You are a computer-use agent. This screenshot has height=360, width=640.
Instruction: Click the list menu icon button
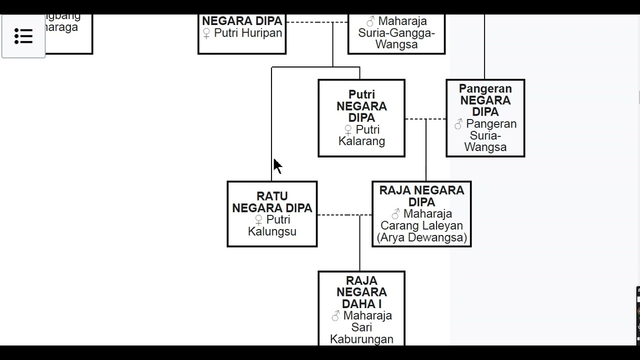tap(23, 36)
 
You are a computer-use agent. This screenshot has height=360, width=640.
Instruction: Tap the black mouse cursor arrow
tap(277, 166)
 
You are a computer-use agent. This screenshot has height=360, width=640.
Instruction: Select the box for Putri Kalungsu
tap(272, 214)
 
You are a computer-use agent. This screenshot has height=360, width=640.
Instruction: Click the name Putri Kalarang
tap(361, 135)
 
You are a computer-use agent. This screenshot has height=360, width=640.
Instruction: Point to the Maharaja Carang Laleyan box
tap(421, 214)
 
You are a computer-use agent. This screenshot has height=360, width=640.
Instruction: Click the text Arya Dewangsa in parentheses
tap(421, 237)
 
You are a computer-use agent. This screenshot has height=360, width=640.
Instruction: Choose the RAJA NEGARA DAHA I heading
tap(361, 292)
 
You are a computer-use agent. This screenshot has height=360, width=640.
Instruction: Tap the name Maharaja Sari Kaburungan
tap(361, 327)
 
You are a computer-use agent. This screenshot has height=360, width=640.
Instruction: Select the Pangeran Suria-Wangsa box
tap(485, 118)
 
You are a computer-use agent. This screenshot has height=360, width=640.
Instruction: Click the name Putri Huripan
tap(248, 33)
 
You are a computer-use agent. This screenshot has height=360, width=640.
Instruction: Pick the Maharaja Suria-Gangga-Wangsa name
tap(396, 33)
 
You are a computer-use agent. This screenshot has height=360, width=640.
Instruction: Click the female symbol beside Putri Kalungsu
tap(258, 220)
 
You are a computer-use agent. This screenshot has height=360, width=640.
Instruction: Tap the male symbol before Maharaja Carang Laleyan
tap(396, 214)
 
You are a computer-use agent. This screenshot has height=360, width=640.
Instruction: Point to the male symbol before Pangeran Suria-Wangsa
tap(458, 124)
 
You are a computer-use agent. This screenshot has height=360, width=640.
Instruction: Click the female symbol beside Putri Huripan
tap(206, 33)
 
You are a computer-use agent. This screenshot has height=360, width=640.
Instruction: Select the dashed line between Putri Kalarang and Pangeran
tap(425, 119)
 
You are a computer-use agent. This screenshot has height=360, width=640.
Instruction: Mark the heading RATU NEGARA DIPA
tap(272, 202)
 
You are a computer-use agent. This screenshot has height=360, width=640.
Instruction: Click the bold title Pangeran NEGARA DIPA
tap(485, 100)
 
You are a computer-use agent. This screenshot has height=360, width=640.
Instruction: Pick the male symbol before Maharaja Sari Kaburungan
tap(336, 316)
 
